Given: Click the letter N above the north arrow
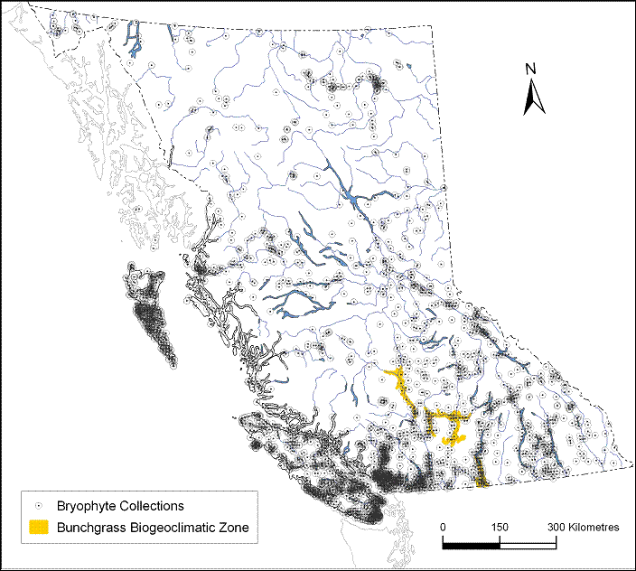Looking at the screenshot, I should point(533,69).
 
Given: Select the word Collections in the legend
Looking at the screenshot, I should point(149,506).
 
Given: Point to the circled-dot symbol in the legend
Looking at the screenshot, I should point(38,506).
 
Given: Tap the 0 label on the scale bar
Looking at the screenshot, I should point(443,527).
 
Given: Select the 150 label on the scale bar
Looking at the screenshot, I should point(500,527).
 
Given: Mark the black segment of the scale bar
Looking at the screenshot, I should point(471,544).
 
